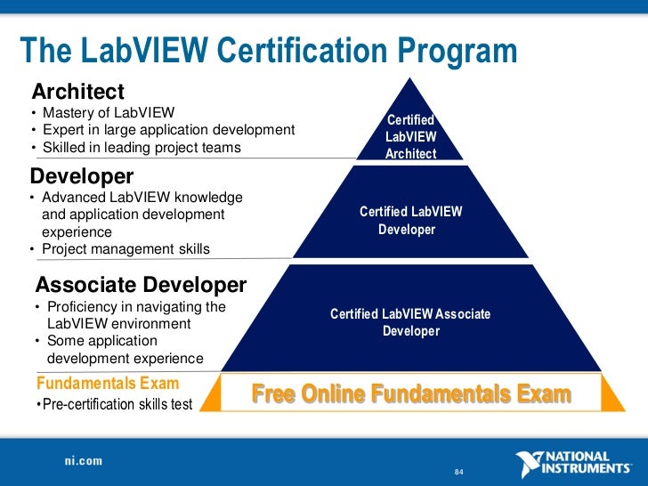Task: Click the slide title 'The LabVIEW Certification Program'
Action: [x=268, y=53]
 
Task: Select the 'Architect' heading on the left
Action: [x=77, y=92]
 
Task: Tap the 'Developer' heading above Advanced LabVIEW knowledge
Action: [x=82, y=176]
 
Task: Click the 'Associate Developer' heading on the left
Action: [x=141, y=285]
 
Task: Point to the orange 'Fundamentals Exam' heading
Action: [x=108, y=384]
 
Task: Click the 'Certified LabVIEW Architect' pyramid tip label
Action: [x=410, y=136]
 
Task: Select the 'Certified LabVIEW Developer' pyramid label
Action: [x=410, y=221]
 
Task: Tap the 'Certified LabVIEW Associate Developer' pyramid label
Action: [x=410, y=322]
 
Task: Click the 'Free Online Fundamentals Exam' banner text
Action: [x=411, y=394]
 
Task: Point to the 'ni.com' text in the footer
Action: [x=83, y=461]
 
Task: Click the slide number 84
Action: [x=459, y=471]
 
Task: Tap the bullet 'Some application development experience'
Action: [x=125, y=350]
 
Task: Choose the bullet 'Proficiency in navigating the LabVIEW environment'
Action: [x=129, y=315]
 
